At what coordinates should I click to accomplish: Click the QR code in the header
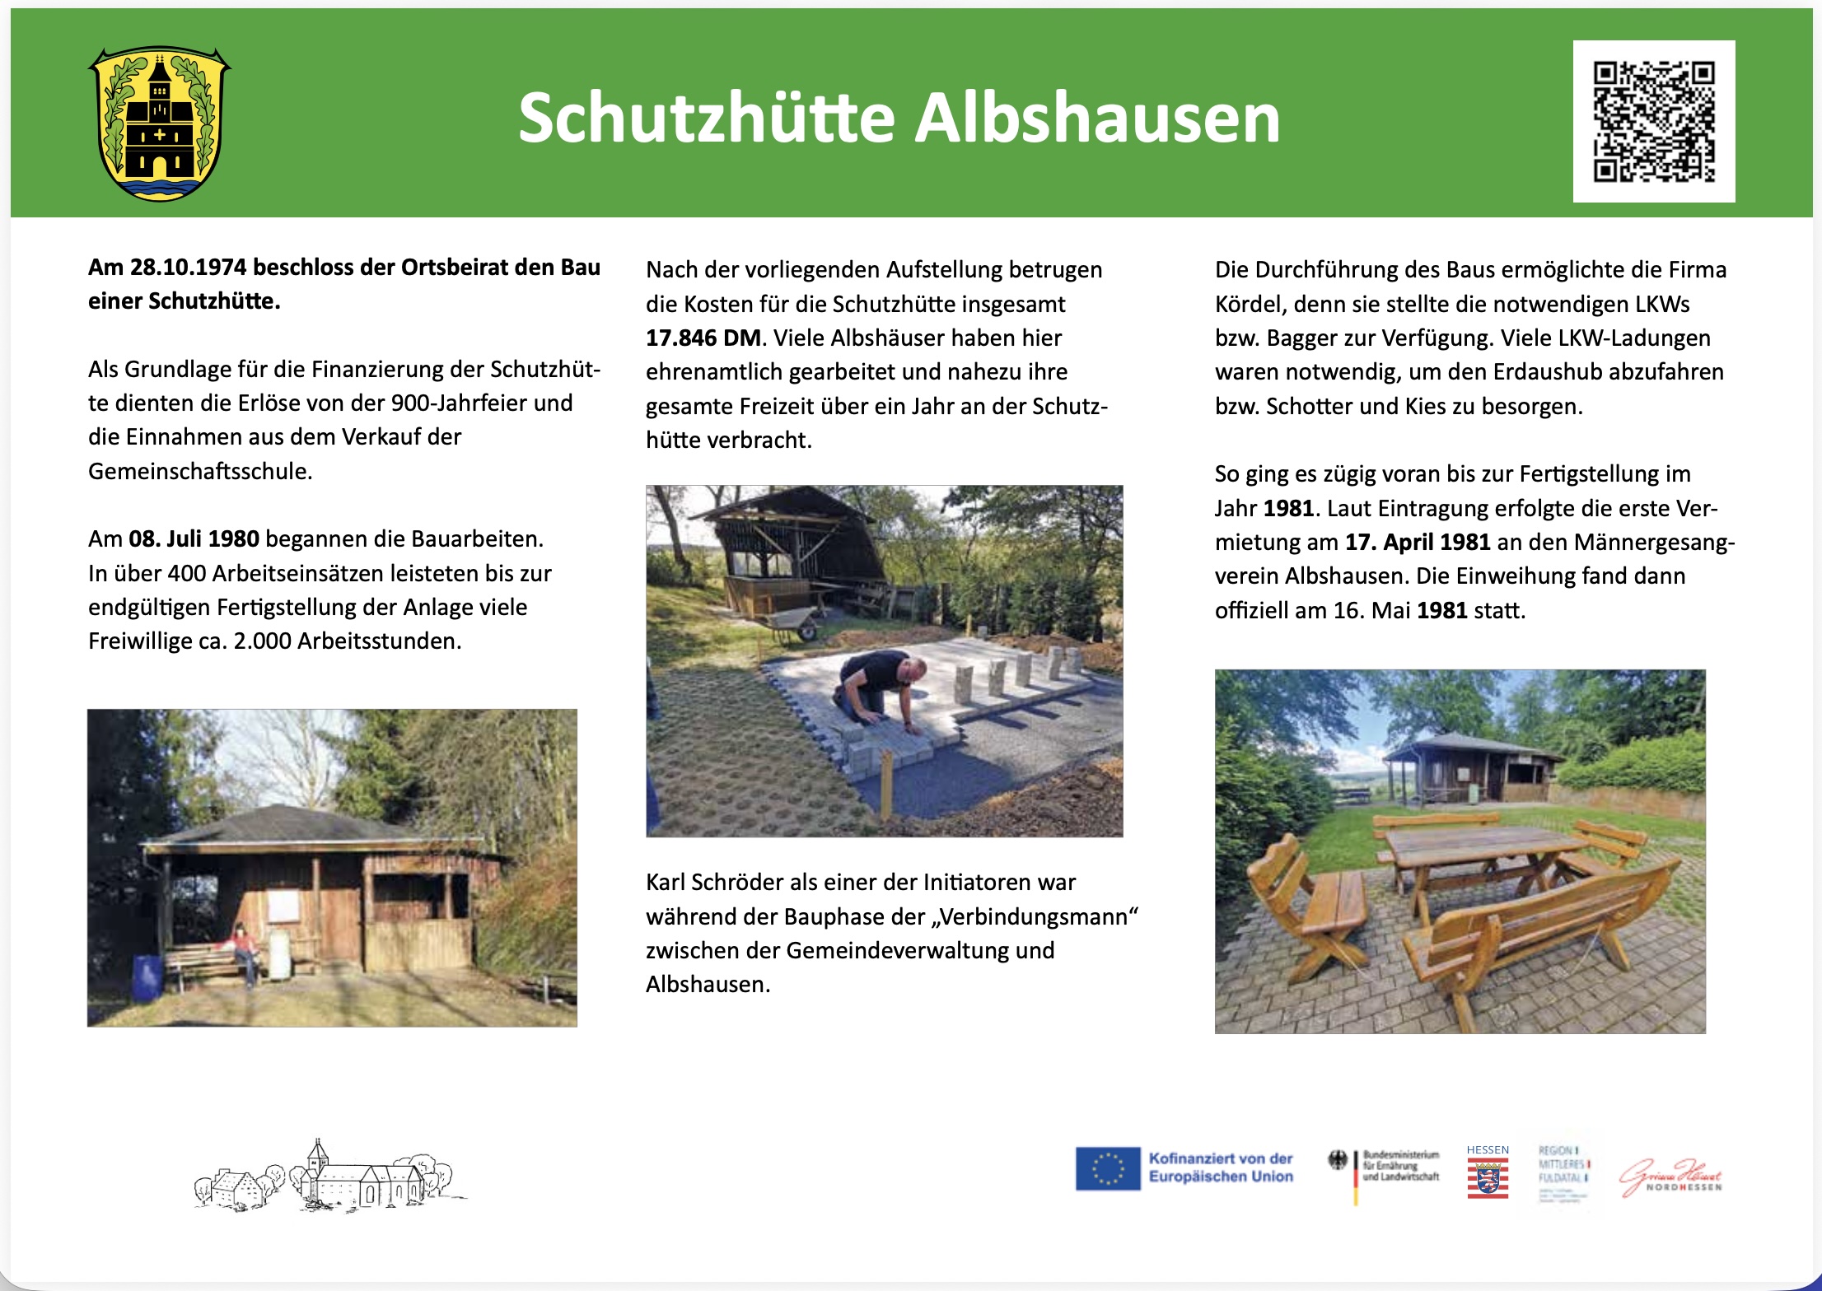tap(1653, 121)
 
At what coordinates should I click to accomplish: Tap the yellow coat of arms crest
tap(160, 124)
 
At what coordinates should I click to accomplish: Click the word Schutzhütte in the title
tap(707, 119)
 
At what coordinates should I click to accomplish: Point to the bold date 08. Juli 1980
tap(194, 539)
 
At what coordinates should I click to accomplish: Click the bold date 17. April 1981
tap(1418, 542)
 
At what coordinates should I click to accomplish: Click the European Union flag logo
tap(1108, 1168)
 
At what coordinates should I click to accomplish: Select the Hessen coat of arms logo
tap(1488, 1177)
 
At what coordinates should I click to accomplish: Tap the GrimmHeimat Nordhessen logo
tap(1670, 1177)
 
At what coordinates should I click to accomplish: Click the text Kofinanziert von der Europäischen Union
tap(1221, 1167)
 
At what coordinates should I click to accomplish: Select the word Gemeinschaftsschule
tap(199, 472)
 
